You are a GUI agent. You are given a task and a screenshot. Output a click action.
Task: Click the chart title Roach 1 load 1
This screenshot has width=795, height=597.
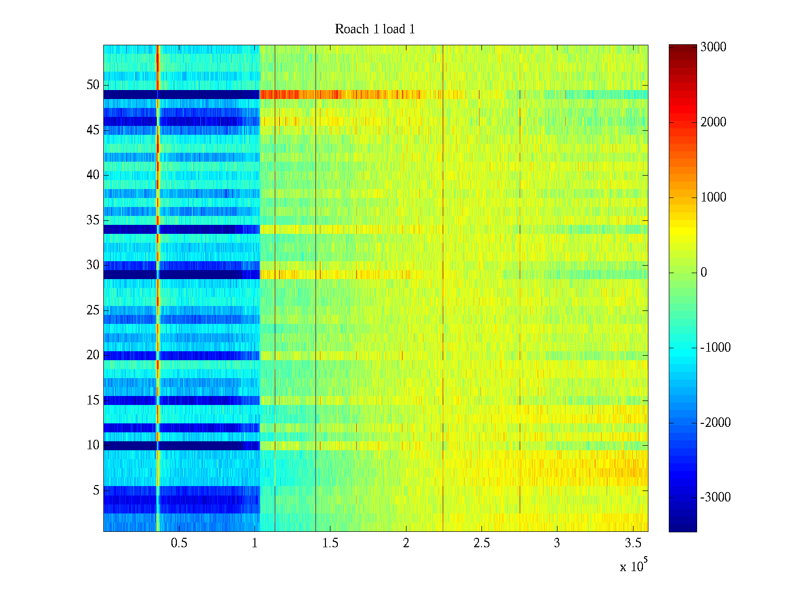coord(375,29)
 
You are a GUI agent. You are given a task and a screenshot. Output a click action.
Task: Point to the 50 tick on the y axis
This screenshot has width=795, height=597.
coord(93,85)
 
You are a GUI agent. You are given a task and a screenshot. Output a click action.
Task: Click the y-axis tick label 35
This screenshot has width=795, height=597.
coord(93,220)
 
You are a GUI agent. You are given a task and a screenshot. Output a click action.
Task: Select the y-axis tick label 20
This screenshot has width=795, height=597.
coord(93,355)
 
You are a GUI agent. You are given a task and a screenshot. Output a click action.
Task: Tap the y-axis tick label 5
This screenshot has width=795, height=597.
coord(96,491)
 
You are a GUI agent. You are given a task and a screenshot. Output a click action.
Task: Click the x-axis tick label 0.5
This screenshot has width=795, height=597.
coord(179,543)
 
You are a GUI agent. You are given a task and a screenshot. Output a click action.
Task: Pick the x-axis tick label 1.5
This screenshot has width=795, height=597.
coord(330,543)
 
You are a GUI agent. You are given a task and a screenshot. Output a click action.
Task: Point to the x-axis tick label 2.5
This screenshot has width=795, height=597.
coord(481,543)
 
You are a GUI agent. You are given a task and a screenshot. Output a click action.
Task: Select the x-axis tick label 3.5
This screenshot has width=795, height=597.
coord(633,543)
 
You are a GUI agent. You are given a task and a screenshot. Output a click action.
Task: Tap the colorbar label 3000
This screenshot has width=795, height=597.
coord(714,47)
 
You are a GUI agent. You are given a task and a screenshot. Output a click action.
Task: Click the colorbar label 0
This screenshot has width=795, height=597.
coord(704,273)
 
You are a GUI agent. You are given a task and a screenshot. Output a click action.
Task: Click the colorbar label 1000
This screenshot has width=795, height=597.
coord(714,198)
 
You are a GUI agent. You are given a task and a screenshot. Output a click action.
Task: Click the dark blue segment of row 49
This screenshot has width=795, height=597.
coord(209,95)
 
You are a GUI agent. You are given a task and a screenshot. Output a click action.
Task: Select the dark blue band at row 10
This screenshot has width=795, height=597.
coord(209,446)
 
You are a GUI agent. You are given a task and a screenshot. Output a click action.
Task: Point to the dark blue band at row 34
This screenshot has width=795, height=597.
coord(209,229)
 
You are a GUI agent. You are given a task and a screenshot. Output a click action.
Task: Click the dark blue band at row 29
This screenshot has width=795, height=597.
coord(209,275)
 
